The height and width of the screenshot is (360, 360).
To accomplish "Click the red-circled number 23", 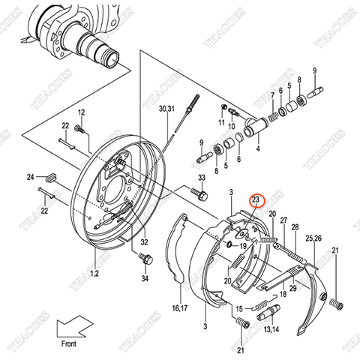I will coord(256,200).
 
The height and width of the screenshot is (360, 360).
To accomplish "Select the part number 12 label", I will coord(82,112).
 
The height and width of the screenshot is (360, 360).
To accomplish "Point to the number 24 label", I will coord(30,177).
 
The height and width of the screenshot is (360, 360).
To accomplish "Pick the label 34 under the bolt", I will coord(145,280).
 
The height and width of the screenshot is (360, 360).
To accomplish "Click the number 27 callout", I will coord(284,218).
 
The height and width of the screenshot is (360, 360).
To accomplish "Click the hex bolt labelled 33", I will coord(200,194).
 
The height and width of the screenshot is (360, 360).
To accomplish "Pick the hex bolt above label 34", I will coord(146,260).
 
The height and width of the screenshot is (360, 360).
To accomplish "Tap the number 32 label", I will coord(144,242).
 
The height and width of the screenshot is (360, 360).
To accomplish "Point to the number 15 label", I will coord(240,307).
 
